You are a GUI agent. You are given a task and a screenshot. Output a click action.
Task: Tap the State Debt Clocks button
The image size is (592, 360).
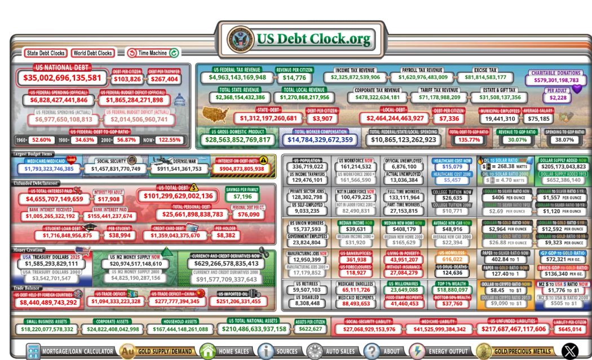click(46, 53)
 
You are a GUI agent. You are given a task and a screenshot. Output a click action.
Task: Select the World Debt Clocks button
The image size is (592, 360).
click(92, 53)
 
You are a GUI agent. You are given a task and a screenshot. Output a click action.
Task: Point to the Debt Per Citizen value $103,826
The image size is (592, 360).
click(127, 80)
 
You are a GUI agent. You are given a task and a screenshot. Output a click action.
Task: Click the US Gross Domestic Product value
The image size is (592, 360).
click(237, 139)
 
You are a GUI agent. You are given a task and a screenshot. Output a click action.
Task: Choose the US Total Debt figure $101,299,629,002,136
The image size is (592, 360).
click(178, 196)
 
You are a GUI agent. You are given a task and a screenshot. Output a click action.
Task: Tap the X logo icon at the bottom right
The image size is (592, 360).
click(571, 351)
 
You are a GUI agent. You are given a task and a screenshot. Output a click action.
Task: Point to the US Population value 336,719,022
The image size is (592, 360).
click(308, 166)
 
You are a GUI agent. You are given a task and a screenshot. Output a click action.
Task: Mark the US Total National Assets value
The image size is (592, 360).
click(254, 329)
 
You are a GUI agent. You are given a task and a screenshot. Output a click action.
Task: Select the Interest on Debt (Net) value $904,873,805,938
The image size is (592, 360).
click(242, 168)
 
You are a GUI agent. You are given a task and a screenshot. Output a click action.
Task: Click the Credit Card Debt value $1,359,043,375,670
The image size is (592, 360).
click(167, 235)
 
